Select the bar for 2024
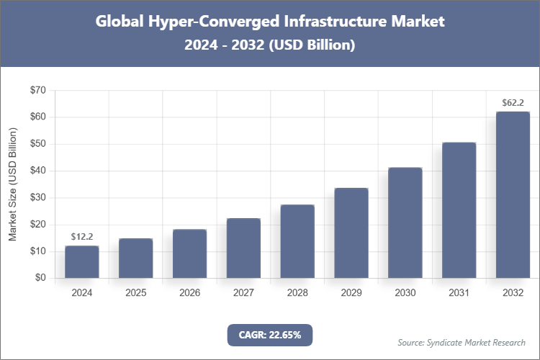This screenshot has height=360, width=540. [81, 262]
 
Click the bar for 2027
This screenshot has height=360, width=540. [243, 248]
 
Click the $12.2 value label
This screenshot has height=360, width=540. [81, 236]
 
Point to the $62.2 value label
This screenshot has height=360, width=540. [513, 102]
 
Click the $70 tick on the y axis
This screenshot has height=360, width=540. [37, 90]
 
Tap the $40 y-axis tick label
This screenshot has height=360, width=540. [37, 171]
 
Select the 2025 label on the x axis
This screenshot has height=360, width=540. [135, 293]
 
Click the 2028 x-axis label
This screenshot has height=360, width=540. [297, 293]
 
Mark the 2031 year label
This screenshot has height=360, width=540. [459, 293]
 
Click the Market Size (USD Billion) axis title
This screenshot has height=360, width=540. [12, 184]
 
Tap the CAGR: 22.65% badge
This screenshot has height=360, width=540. [269, 334]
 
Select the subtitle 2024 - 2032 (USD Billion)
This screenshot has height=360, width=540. [270, 45]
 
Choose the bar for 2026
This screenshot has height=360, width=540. [189, 253]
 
